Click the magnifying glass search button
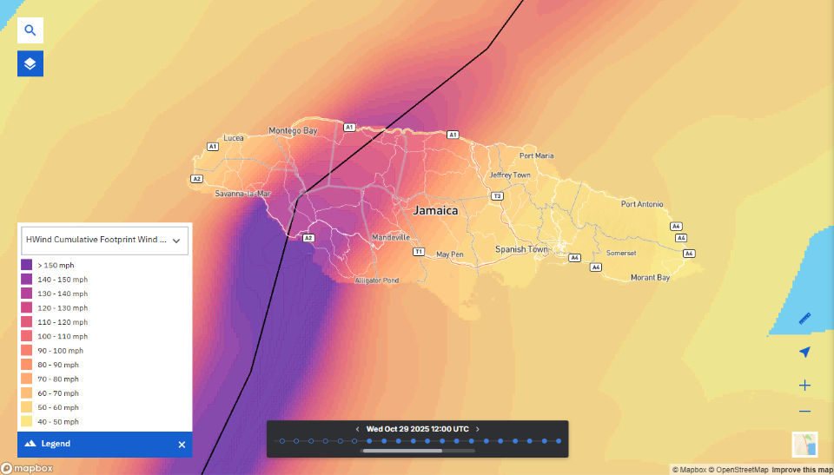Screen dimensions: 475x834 30,30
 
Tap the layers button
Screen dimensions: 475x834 30,63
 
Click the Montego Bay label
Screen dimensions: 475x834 293,131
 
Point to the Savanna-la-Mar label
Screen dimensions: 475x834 243,194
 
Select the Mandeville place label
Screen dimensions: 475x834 390,237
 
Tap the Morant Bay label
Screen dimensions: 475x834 650,278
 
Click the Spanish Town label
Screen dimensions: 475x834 521,249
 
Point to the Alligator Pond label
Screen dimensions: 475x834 377,281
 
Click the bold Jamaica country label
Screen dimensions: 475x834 435,210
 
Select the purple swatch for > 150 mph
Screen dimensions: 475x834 26,265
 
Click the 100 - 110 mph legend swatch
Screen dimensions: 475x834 26,336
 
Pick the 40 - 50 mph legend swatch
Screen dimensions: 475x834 26,421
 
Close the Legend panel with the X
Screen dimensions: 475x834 182,444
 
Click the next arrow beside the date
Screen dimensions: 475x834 478,429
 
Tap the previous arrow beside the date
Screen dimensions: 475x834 357,429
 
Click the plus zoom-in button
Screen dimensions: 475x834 804,385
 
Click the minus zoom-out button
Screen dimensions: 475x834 804,412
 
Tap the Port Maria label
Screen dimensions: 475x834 536,156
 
